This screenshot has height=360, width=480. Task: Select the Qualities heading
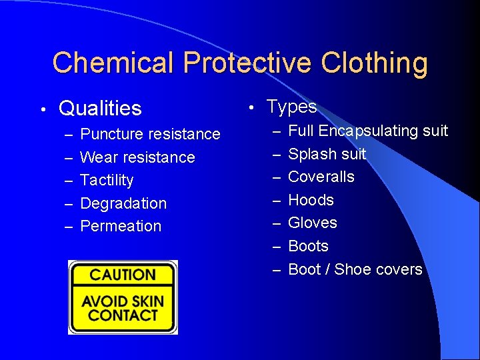point(100,108)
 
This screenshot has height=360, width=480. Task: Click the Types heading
point(291,106)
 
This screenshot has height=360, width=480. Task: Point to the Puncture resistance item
point(150,134)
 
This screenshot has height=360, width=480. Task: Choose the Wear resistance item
point(137,157)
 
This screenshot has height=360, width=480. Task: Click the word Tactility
point(107,180)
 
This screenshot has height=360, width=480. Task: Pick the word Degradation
point(123,203)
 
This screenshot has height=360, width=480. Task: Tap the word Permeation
point(121,226)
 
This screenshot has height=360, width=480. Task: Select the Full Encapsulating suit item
point(368,131)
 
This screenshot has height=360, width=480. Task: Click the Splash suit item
point(327,154)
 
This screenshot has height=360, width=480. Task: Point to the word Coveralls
point(321,177)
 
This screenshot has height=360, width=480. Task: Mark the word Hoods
point(311,200)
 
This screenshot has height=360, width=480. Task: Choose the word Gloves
point(313,223)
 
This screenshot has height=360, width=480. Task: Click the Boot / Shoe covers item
point(355,269)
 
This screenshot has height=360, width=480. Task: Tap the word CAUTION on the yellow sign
point(123,275)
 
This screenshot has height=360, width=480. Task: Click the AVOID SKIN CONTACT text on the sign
point(123,308)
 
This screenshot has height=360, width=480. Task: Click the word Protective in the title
point(247,63)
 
